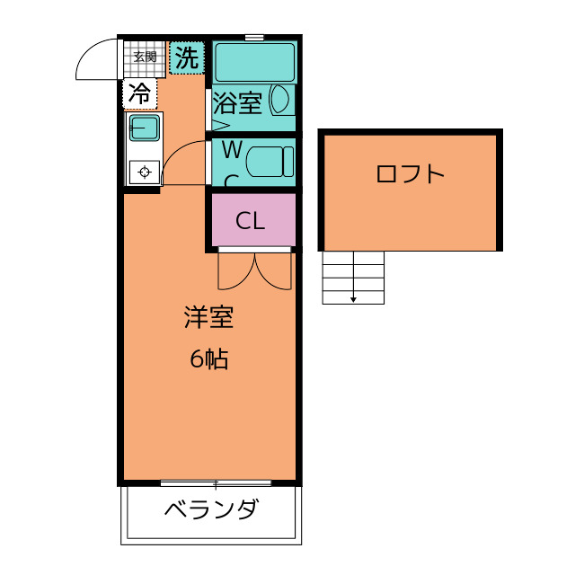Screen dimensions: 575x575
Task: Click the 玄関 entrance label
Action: click(x=145, y=57)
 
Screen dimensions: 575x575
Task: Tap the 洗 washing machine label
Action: click(x=186, y=59)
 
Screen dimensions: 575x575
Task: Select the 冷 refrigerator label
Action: click(x=139, y=93)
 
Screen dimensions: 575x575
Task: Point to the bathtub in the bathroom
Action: click(x=254, y=61)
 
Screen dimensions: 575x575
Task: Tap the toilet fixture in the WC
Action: click(x=270, y=162)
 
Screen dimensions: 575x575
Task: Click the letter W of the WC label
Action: click(x=231, y=147)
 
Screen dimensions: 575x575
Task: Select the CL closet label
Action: click(x=251, y=221)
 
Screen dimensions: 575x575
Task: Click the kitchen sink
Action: click(x=144, y=128)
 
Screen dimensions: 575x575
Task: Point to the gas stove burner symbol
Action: click(x=144, y=171)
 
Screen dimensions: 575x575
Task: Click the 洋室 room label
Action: click(x=208, y=318)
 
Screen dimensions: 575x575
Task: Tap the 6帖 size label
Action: click(x=208, y=359)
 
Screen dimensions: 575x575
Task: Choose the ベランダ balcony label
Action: click(x=211, y=511)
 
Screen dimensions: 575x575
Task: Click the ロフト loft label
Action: click(x=410, y=173)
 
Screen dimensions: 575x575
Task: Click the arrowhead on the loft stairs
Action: click(x=354, y=299)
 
